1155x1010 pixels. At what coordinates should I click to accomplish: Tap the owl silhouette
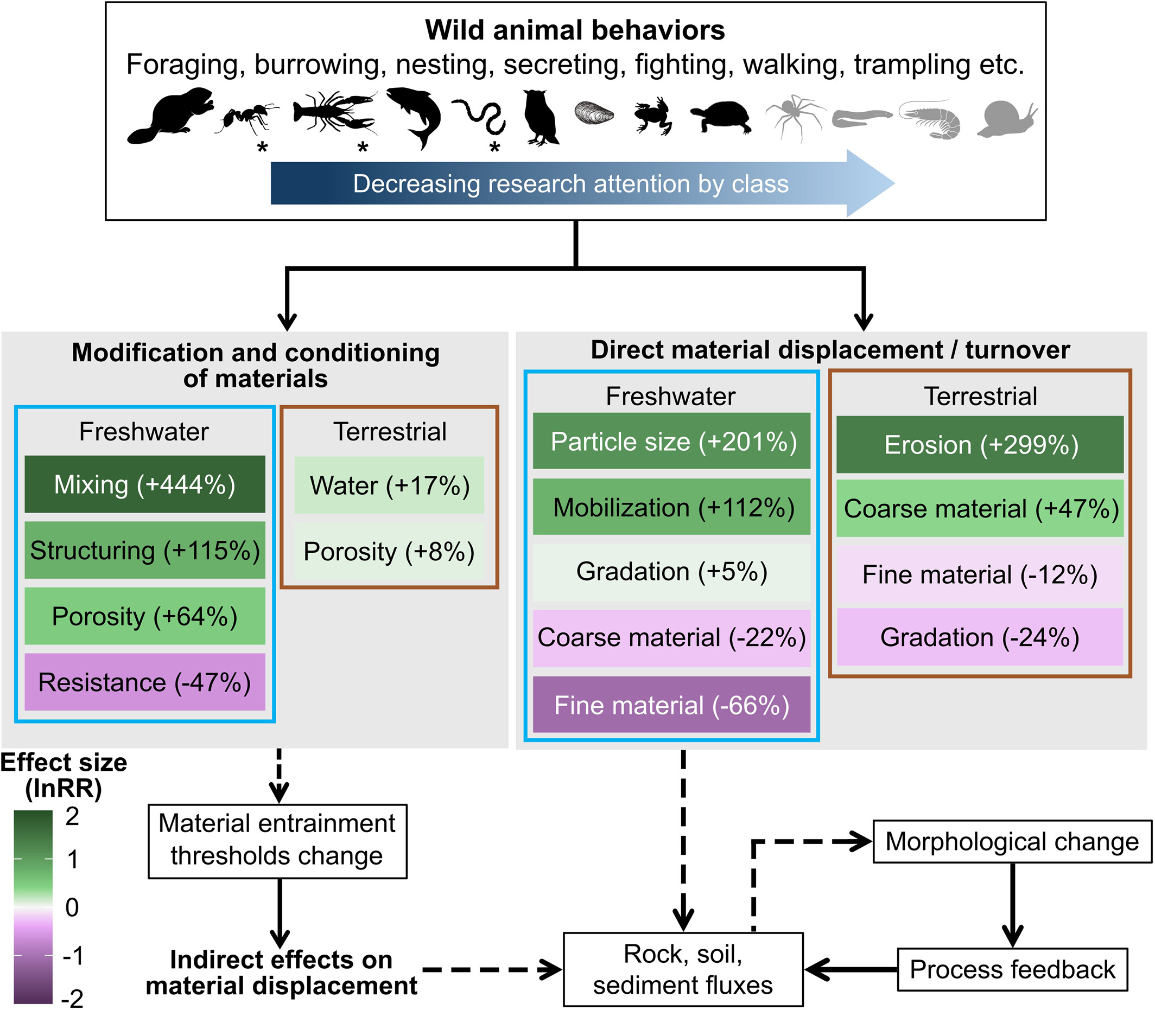point(540,118)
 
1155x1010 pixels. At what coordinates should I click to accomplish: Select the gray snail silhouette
point(1007,119)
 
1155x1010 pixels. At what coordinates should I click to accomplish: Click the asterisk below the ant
point(262,148)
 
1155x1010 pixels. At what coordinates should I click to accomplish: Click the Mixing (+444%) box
point(145,484)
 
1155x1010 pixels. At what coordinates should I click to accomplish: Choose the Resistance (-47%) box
point(145,682)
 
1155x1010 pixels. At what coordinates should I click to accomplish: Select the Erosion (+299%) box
point(980,445)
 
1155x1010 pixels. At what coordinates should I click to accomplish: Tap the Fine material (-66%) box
point(671,705)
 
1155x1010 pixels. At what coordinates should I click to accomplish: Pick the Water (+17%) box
point(389,485)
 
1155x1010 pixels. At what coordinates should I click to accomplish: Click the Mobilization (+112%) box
point(671,507)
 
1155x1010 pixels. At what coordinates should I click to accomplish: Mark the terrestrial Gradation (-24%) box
point(980,637)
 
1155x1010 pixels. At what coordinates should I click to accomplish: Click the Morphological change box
point(1012,841)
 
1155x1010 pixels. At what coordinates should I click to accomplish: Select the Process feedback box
point(1012,969)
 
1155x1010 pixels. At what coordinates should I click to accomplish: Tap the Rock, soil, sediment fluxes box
point(683,969)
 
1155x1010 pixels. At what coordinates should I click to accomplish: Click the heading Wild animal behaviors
point(575,30)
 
